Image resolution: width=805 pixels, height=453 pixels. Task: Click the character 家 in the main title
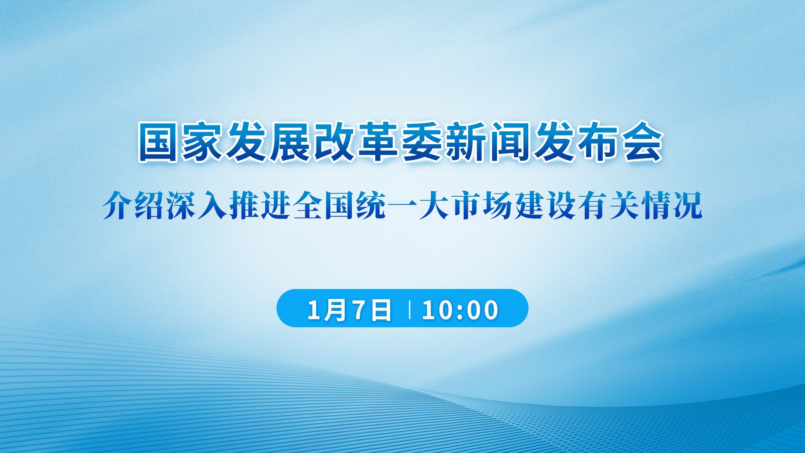[x=203, y=142]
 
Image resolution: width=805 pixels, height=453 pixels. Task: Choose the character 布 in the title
[x=598, y=142]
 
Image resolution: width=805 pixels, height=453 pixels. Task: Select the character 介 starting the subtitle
[x=118, y=205]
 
